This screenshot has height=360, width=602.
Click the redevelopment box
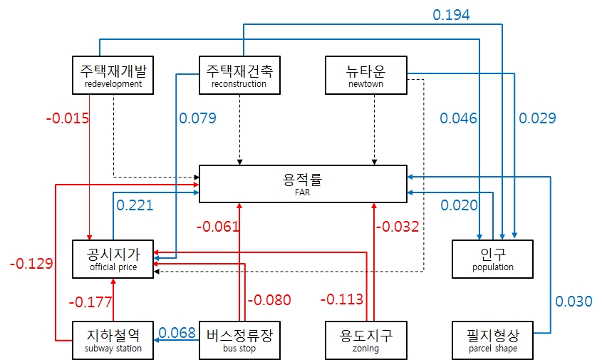coord(113,75)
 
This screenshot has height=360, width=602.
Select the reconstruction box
coord(239,75)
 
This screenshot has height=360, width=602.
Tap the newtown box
coord(365,75)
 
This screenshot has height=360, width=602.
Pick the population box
coord(492,259)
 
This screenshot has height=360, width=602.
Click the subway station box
coord(113,340)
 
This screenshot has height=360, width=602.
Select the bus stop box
coord(239,340)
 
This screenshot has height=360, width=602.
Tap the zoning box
coord(365,340)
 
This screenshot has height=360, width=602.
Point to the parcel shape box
coord(492,340)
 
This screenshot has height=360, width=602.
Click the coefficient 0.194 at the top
coord(452,14)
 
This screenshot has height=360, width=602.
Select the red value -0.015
coord(68,118)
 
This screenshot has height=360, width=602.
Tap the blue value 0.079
coord(197,118)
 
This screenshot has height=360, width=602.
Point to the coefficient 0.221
coord(135,205)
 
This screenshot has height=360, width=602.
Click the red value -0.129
coord(31,263)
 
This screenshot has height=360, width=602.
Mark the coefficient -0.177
coord(90,302)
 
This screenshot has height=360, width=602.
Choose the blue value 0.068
coord(177,332)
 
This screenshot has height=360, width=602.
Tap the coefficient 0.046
coord(459,118)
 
